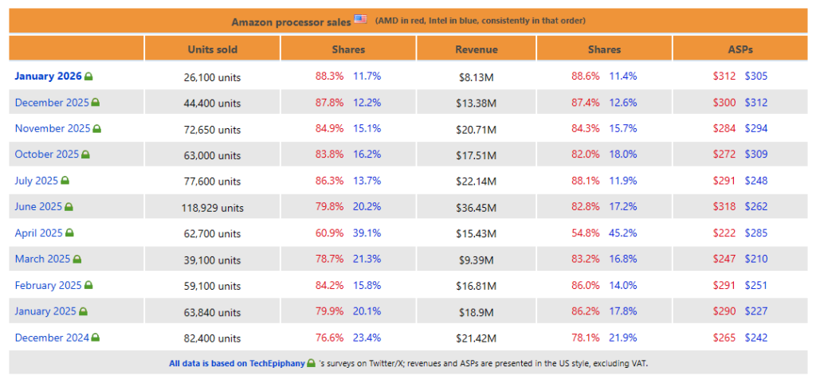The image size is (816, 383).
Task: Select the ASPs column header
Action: click(x=739, y=49)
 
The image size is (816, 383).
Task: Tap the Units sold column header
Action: click(x=212, y=49)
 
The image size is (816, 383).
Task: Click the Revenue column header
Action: click(x=477, y=49)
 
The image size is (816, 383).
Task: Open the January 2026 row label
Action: click(x=49, y=76)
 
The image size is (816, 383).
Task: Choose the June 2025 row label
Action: click(x=38, y=207)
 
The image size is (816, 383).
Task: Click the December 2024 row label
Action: click(x=52, y=338)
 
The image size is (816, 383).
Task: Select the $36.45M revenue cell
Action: click(x=477, y=208)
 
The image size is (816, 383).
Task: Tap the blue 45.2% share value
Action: click(x=623, y=233)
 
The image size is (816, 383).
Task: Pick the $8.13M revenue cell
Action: click(x=477, y=77)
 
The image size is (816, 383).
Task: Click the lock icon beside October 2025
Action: click(x=86, y=154)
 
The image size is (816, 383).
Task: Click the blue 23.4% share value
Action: click(x=367, y=338)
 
